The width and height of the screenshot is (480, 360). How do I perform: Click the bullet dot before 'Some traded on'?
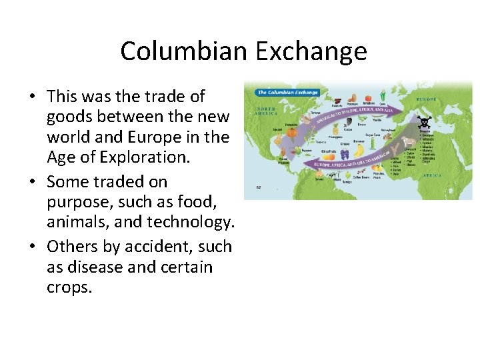pyautogui.click(x=32, y=182)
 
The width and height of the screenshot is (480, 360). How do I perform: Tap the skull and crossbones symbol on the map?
pyautogui.click(x=424, y=123)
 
